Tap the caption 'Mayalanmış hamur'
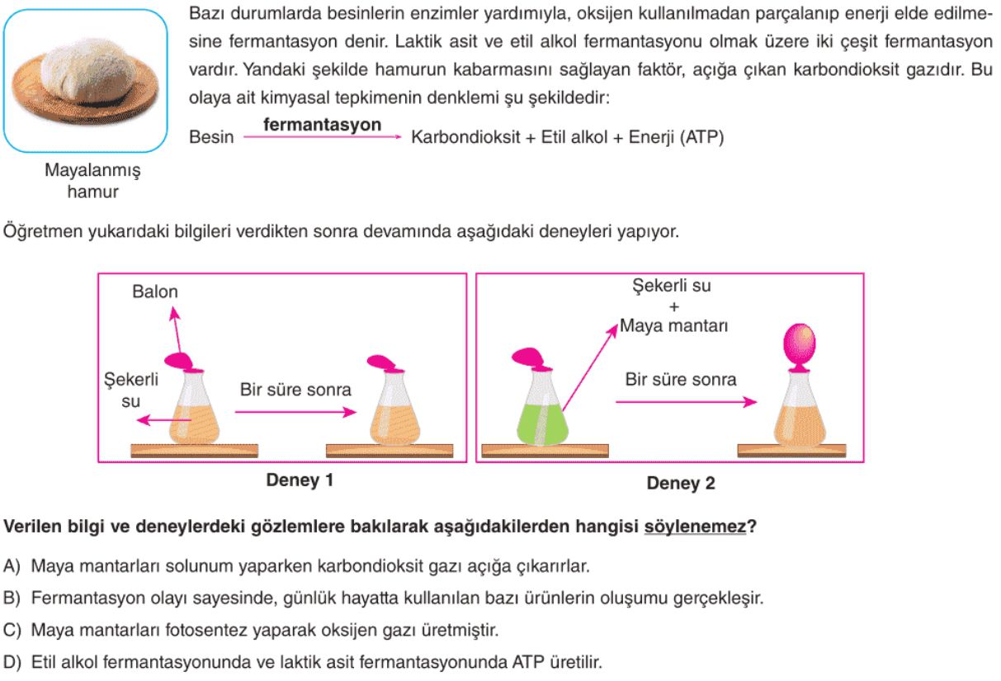[x=92, y=181]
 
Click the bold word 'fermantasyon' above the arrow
[x=322, y=125]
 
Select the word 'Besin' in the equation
[x=211, y=137]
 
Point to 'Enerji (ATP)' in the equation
[x=676, y=137]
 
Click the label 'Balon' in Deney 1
[x=155, y=291]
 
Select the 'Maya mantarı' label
[x=674, y=325]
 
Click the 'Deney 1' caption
[x=300, y=480]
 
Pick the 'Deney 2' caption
[x=681, y=483]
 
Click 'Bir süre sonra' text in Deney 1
[x=295, y=390]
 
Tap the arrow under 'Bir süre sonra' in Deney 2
[x=686, y=401]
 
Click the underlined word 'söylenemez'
[x=695, y=527]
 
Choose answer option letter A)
[x=12, y=566]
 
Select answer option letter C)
[x=12, y=630]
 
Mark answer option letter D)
[x=12, y=662]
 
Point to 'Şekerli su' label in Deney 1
[x=131, y=390]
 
